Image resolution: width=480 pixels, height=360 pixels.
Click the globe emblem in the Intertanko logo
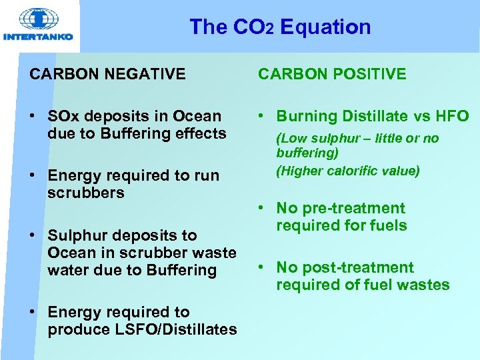click(38, 19)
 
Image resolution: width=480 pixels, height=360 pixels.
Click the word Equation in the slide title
click(325, 27)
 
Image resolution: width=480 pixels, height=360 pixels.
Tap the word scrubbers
click(86, 193)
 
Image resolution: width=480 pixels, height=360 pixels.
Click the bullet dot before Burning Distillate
click(263, 117)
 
